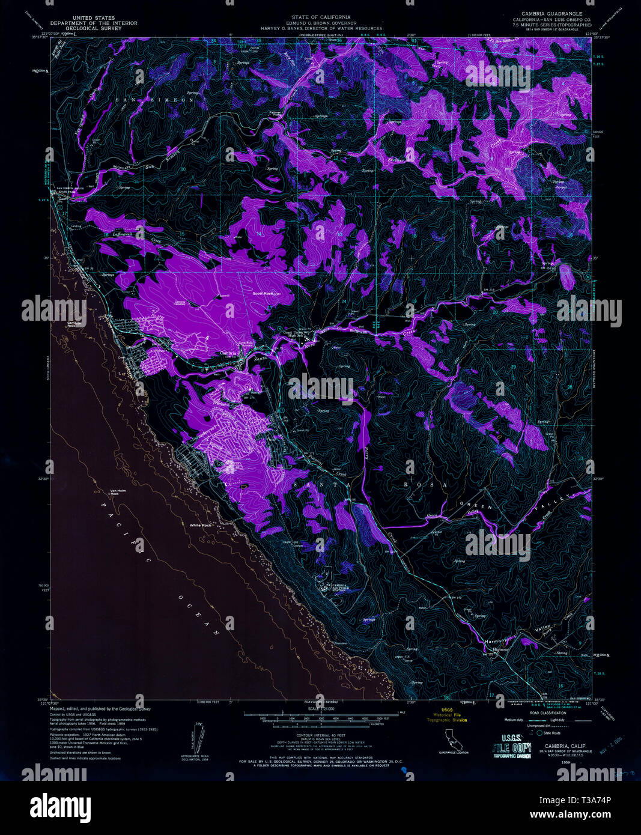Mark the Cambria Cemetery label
pyautogui.click(x=178, y=303)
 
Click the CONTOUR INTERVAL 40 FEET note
pyautogui.click(x=321, y=735)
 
